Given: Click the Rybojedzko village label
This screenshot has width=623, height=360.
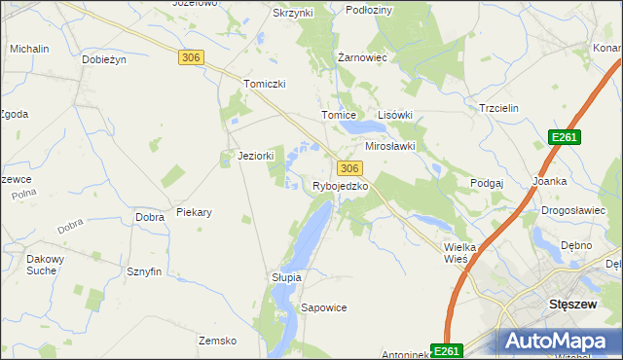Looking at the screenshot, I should click(340, 186).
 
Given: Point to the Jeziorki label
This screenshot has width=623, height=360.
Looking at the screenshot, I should click(257, 156).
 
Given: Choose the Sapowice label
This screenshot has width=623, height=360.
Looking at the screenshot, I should click(324, 307).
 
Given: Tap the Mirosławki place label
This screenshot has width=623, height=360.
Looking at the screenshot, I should click(390, 146).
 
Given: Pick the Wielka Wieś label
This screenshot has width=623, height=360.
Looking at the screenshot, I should click(457, 254).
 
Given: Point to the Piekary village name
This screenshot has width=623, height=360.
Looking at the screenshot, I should click(195, 212).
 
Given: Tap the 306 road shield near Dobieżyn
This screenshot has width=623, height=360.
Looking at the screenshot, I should click(191, 58).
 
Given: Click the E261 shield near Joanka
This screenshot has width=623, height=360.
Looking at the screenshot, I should click(564, 138).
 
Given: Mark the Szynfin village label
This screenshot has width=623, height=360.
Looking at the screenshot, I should click(143, 272).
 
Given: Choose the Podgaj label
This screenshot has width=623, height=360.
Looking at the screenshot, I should click(486, 183).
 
